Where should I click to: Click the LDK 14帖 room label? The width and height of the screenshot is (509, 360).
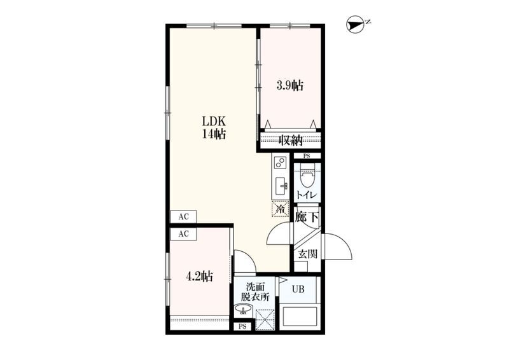tap(214, 128)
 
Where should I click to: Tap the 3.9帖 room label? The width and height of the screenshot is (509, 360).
tap(290, 86)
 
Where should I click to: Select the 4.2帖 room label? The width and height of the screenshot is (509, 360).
tap(199, 276)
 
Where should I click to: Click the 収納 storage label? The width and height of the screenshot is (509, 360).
tap(290, 140)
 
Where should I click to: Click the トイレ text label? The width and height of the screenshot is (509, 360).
tap(307, 195)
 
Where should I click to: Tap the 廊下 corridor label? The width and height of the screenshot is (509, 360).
tap(307, 217)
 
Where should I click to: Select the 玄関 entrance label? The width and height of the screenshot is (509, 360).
tap(307, 254)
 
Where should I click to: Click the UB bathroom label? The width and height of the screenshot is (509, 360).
tap(298, 288)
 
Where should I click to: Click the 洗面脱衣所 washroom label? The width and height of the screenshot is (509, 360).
tap(255, 292)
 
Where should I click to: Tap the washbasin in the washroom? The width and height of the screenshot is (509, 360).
tap(243, 309)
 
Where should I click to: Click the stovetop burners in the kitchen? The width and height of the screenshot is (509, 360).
tap(280, 162)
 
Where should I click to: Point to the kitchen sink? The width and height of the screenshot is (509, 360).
tap(281, 186)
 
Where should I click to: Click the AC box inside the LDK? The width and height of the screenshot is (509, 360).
tap(183, 216)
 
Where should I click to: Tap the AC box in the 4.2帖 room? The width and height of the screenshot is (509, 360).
tap(183, 233)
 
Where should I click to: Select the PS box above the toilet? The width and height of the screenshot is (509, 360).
tap(307, 156)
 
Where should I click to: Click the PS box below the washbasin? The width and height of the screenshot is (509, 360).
tap(242, 326)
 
